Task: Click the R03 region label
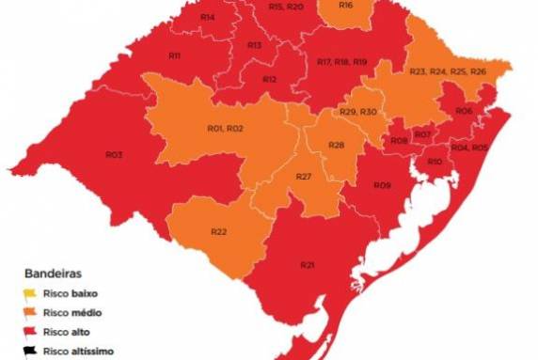tap(114, 154)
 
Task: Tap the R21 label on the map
tap(308, 264)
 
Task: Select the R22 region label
tap(218, 231)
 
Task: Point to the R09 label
tap(382, 185)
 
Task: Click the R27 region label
tap(304, 178)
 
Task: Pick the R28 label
tap(337, 144)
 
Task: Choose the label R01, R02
tap(225, 128)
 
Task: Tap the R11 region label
tap(174, 56)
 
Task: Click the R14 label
tap(207, 18)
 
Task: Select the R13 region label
tap(255, 45)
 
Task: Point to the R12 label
tap(269, 79)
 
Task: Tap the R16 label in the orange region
tap(345, 6)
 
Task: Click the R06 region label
tap(464, 111)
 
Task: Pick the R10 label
tap(435, 163)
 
